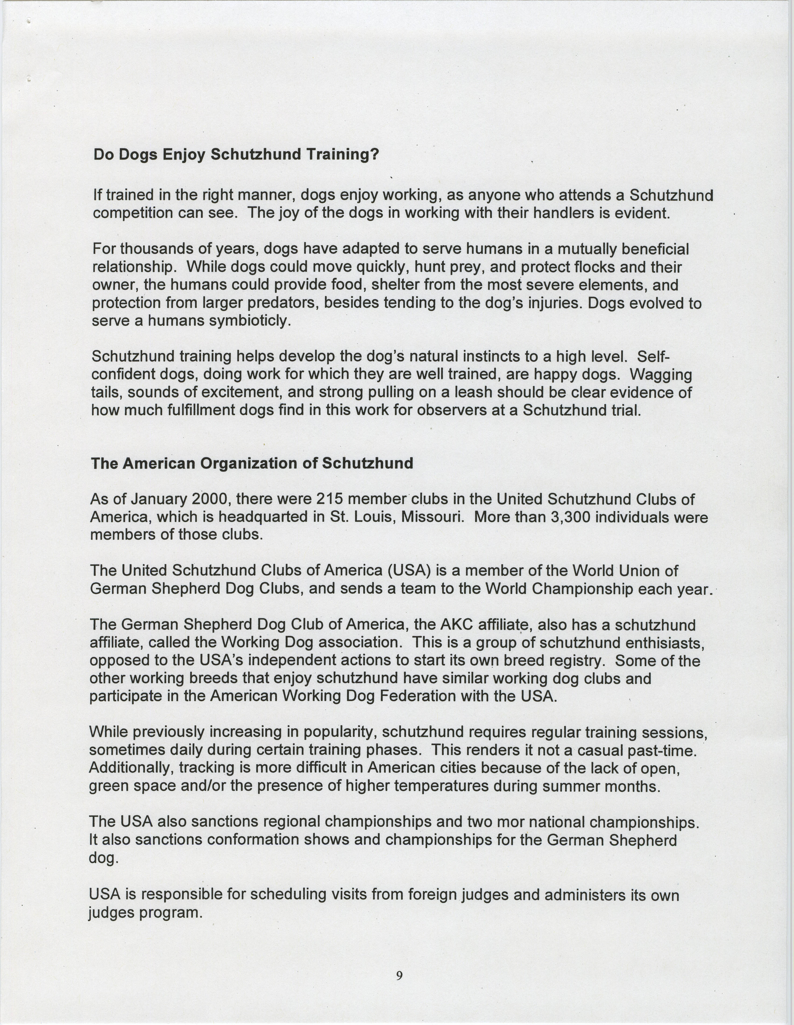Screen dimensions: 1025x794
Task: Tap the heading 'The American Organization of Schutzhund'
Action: (x=252, y=463)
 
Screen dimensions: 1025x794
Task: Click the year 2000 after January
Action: (x=193, y=499)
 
